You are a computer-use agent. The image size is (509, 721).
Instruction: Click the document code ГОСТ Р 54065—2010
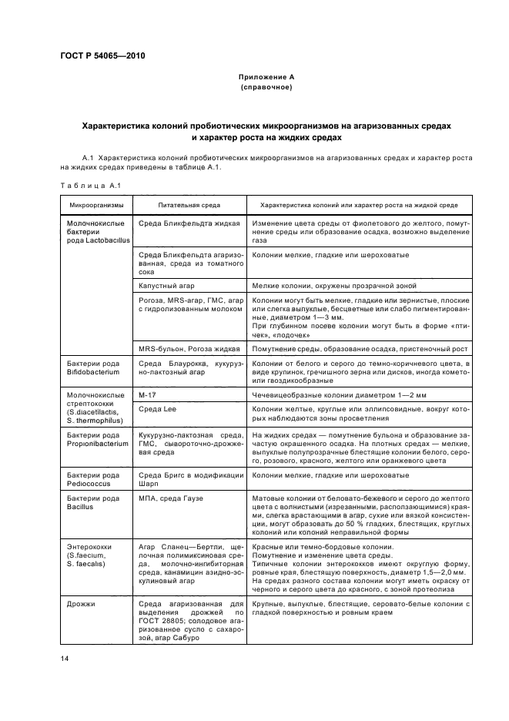click(x=102, y=56)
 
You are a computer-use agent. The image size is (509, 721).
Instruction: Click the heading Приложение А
click(x=266, y=77)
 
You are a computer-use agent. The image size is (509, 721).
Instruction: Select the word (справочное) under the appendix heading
click(x=266, y=88)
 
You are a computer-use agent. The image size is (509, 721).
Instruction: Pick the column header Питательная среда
click(x=189, y=206)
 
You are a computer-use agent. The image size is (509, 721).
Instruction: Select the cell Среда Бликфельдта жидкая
click(x=186, y=223)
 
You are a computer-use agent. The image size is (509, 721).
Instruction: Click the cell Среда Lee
click(x=157, y=408)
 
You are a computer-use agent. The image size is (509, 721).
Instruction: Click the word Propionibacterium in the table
click(x=99, y=444)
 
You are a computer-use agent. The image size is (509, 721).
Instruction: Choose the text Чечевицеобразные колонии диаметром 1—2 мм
click(x=329, y=394)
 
